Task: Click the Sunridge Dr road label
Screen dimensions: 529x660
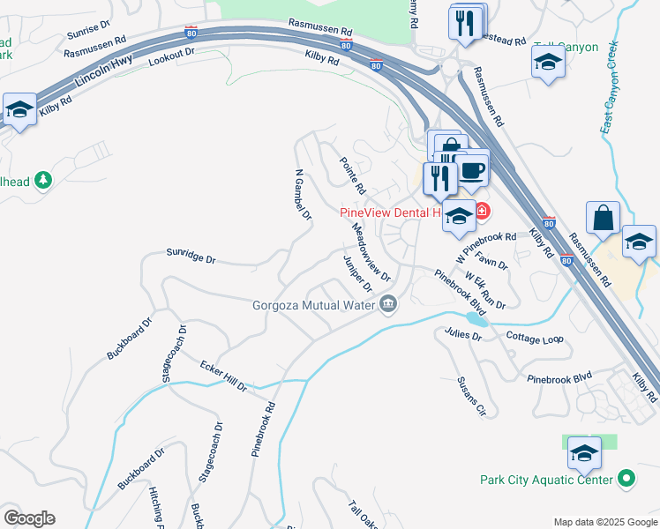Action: [x=191, y=257]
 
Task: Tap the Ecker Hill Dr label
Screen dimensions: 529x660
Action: [x=222, y=376]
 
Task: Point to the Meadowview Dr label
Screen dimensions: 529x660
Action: [x=370, y=251]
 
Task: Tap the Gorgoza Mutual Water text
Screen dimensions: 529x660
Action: [x=313, y=305]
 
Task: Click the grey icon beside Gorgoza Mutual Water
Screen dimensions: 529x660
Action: [x=388, y=305]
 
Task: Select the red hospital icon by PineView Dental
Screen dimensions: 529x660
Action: [x=482, y=211]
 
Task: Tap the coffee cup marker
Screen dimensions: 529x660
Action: [x=471, y=169]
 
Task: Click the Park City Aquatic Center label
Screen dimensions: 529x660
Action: [x=546, y=480]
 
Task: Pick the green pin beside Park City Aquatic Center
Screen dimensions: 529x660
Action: [x=626, y=480]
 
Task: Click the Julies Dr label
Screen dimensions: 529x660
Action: [x=463, y=334]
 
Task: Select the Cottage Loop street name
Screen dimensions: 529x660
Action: [x=535, y=338]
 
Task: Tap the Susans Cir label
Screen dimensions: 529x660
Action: [x=471, y=396]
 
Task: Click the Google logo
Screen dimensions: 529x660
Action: [x=29, y=518]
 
